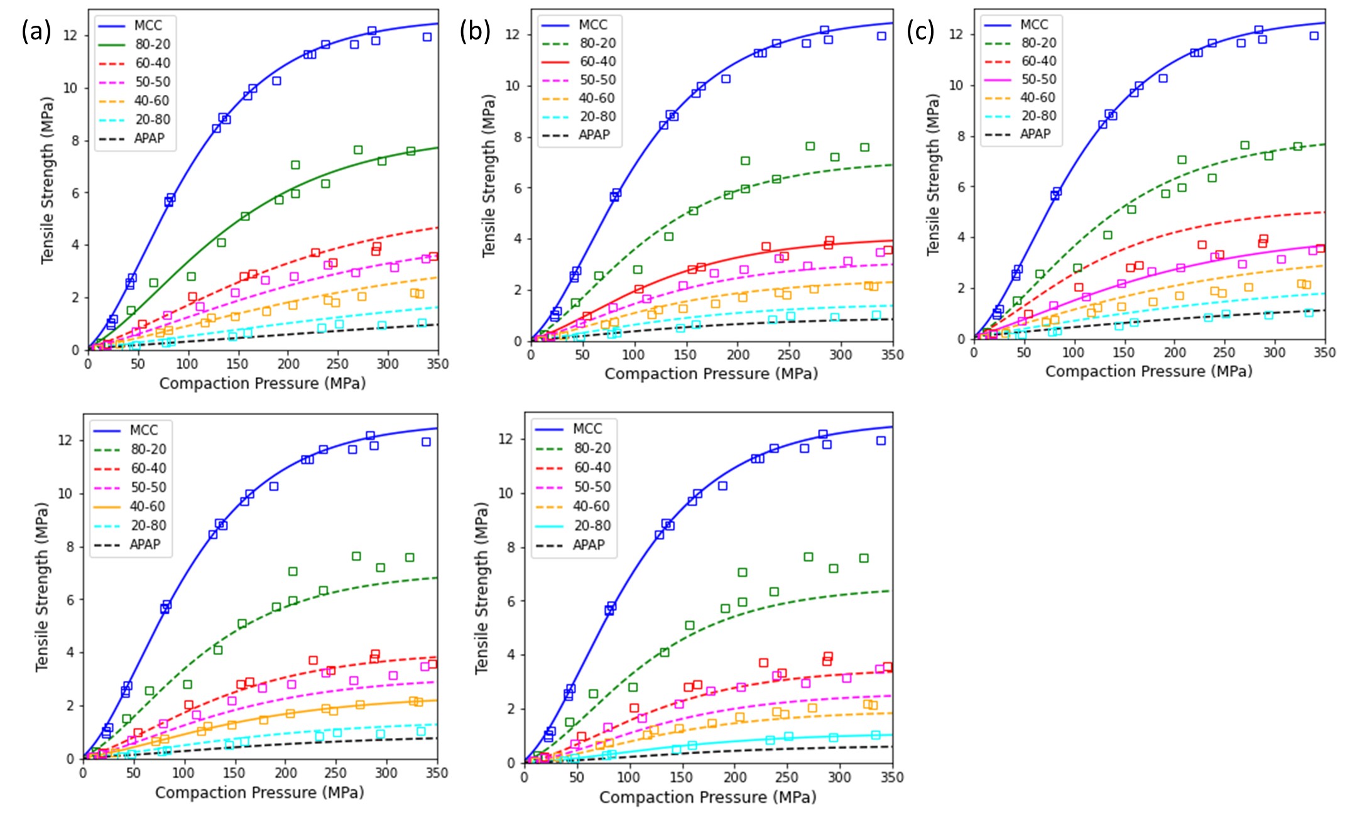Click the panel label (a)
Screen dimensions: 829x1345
tap(36, 31)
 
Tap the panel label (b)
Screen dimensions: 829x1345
tap(475, 31)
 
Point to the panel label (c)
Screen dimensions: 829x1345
tap(920, 31)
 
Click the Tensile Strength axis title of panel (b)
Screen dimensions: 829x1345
tap(489, 176)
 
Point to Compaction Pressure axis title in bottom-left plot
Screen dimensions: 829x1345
tap(259, 793)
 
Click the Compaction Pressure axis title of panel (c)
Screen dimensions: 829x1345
tap(1148, 371)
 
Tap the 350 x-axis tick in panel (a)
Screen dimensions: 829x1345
tap(438, 364)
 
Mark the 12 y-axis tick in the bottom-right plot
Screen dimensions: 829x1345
tap(506, 439)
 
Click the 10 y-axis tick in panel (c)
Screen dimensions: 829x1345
tap(956, 85)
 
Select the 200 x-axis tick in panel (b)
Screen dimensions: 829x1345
tap(738, 355)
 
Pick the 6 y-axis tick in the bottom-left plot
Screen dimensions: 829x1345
tap(70, 600)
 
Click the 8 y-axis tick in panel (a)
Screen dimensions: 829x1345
tap(75, 141)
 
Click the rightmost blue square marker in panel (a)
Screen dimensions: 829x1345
tap(427, 37)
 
